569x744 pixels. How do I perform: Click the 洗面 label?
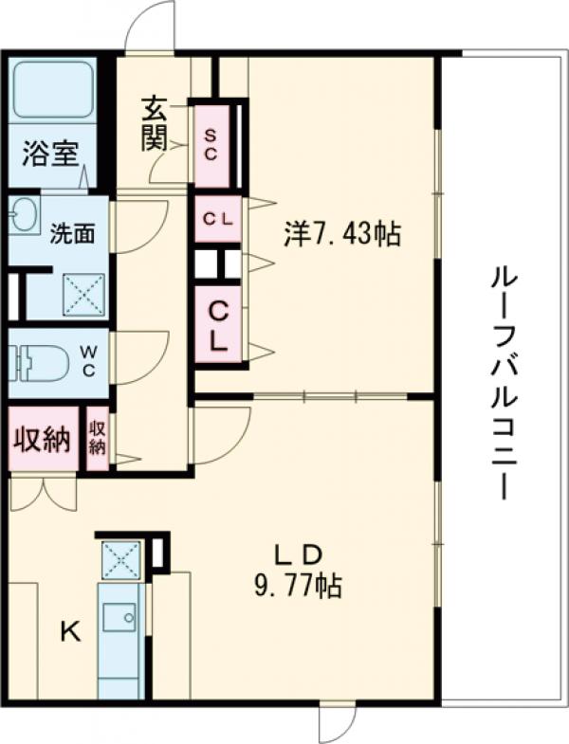(x=72, y=234)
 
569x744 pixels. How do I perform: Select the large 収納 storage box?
(x=42, y=439)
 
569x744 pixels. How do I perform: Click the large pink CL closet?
(x=218, y=324)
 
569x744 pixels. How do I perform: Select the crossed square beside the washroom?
(x=83, y=295)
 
